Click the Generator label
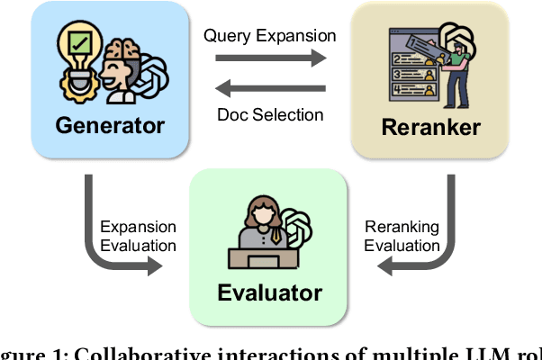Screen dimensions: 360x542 click(110, 124)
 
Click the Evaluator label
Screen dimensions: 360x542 click(268, 292)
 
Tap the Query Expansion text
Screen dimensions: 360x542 click(270, 36)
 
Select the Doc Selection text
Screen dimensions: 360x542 click(269, 114)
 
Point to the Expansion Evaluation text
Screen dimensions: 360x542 click(138, 236)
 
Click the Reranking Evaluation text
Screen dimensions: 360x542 click(402, 236)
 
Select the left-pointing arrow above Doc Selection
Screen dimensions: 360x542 click(271, 89)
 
